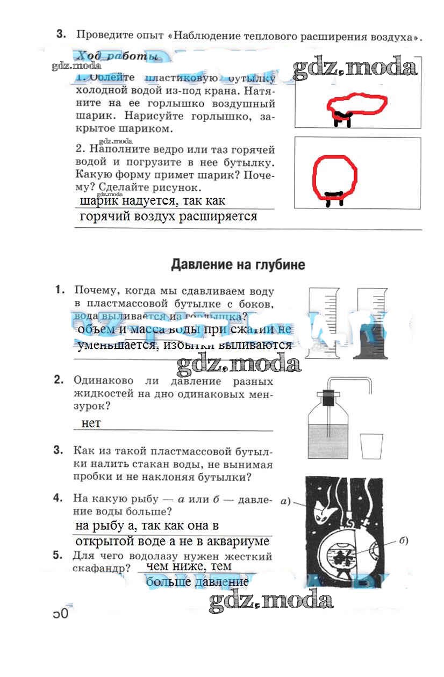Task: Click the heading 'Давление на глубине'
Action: coord(238,264)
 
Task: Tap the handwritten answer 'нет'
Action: coord(91,423)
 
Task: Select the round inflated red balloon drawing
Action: coord(335,174)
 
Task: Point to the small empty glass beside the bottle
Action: coord(371,447)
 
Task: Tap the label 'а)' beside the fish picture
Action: coord(285,503)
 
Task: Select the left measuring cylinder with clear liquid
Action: coord(323,322)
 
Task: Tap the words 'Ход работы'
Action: coord(117,56)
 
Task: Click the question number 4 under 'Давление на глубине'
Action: coord(59,498)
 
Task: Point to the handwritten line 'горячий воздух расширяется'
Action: coord(168,217)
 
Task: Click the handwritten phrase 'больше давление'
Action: coord(197,581)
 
